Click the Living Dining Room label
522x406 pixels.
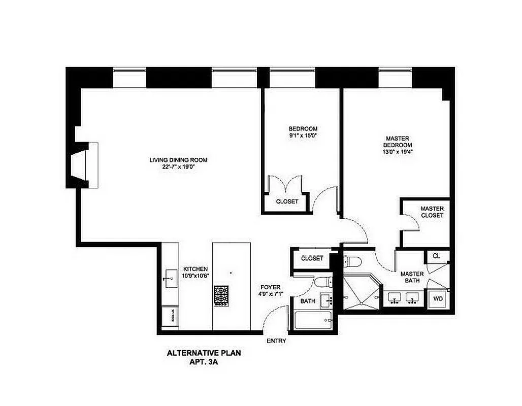pos(178,160)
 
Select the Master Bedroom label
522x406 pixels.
pos(397,142)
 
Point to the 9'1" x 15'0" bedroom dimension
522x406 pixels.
pos(303,136)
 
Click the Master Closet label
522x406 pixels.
pos(432,212)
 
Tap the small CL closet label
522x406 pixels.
pos(436,256)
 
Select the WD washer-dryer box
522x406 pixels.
pos(438,299)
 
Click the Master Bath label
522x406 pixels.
pos(412,278)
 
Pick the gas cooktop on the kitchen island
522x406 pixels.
pos(221,296)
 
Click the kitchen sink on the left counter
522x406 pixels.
pos(170,279)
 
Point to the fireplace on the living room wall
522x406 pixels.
pos(84,165)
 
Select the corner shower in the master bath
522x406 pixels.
pos(361,293)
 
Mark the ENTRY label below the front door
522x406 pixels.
pos(276,341)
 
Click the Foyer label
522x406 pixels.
pos(271,287)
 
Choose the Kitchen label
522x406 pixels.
pos(195,269)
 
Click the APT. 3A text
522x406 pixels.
pos(203,363)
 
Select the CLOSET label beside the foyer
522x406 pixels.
pos(312,258)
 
